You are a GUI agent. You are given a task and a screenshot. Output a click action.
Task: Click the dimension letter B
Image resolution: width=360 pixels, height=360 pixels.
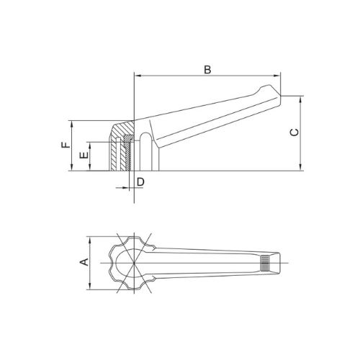click(x=207, y=70)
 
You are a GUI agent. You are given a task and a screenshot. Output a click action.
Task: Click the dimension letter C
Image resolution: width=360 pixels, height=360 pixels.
click(x=294, y=132)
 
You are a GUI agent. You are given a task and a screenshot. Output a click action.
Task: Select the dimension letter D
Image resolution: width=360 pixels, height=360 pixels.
click(x=140, y=182)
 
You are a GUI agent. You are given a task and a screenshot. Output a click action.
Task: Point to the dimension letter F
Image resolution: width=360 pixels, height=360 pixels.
click(x=66, y=145)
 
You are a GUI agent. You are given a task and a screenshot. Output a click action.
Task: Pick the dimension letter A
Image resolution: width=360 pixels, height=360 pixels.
click(x=84, y=262)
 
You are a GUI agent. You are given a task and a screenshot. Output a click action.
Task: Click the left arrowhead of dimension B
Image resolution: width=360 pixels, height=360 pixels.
click(x=138, y=76)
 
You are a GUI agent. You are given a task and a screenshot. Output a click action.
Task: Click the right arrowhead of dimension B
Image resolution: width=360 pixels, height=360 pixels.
click(x=276, y=76)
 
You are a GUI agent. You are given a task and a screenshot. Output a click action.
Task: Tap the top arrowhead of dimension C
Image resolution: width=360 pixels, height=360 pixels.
click(x=300, y=99)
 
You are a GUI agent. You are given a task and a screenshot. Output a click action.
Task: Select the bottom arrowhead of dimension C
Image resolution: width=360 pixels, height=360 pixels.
click(x=300, y=167)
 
